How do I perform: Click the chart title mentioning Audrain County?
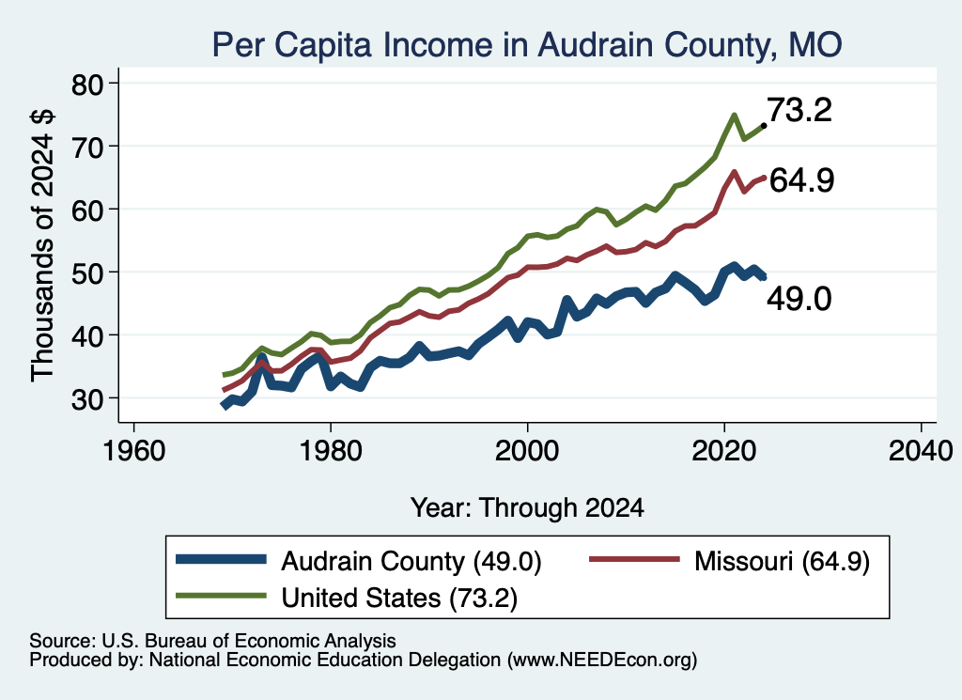click(527, 45)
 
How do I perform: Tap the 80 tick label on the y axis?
click(87, 85)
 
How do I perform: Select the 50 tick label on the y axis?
click(87, 273)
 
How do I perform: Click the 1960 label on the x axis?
click(134, 452)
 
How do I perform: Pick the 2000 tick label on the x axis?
click(528, 452)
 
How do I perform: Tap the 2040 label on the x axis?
click(921, 452)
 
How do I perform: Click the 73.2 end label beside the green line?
click(799, 111)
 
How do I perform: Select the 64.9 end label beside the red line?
click(802, 181)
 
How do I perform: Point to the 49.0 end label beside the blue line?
click(799, 300)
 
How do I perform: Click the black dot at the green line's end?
click(763, 126)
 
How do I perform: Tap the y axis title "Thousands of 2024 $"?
click(42, 245)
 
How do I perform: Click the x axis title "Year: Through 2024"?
click(527, 508)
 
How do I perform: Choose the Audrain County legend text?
click(411, 561)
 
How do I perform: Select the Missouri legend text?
click(783, 561)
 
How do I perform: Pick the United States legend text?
click(399, 598)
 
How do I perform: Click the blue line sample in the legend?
click(221, 559)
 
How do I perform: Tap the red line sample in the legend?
click(634, 559)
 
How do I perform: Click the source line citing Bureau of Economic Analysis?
click(212, 641)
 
